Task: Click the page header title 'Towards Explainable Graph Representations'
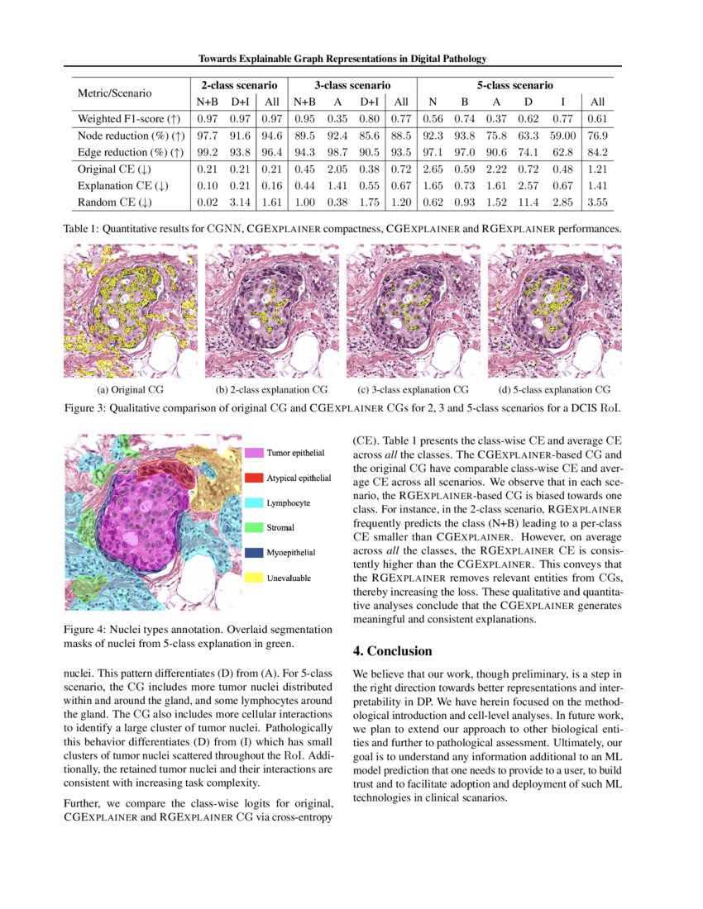coord(342,59)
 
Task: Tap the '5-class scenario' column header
coord(514,85)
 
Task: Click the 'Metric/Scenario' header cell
coord(115,93)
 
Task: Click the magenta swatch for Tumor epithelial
coord(254,453)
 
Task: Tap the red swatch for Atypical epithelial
coord(254,478)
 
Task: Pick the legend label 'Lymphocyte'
coord(289,502)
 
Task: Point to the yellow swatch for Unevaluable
coord(254,577)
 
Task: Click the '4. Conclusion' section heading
coord(393,651)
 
